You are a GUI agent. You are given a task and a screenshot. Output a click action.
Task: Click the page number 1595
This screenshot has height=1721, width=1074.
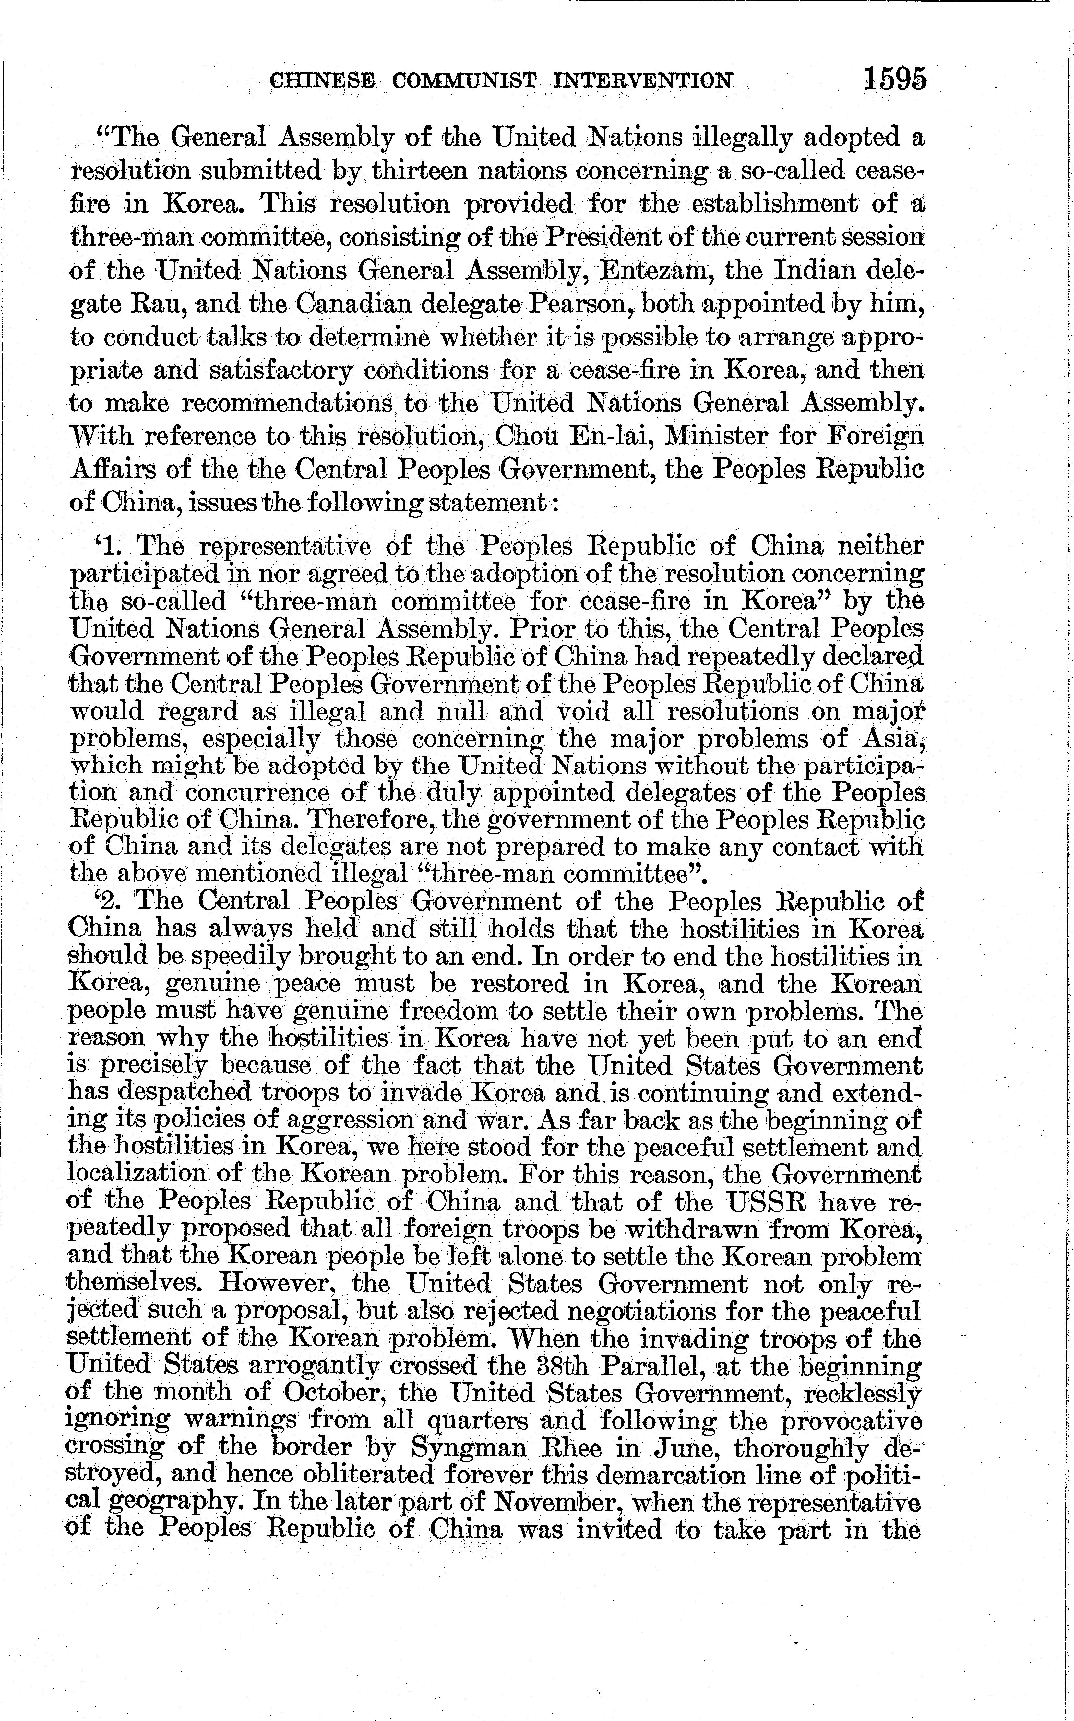point(895,78)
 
